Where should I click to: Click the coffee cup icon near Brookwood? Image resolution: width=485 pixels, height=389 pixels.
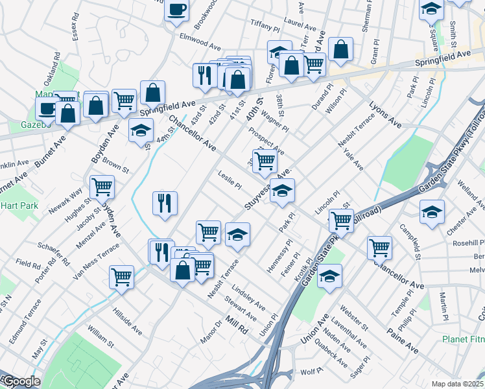tap(176, 10)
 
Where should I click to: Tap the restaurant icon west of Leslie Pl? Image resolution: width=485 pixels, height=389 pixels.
tap(165, 203)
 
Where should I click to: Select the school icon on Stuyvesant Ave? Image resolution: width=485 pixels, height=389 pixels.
tap(283, 191)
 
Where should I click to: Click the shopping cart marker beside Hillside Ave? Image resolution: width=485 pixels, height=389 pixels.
tap(122, 277)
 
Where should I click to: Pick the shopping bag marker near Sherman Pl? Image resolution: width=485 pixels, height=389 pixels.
tap(340, 49)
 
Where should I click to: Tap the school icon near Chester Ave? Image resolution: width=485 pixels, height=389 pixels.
tap(432, 212)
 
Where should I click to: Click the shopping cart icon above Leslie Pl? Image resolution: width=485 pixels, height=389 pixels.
tap(264, 160)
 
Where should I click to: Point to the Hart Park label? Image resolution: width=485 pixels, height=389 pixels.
tap(19, 206)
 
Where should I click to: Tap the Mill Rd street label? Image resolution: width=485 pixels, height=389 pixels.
tap(237, 324)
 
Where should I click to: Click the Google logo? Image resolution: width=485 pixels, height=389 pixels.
tap(21, 381)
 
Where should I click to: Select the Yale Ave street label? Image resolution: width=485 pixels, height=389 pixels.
tap(354, 158)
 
